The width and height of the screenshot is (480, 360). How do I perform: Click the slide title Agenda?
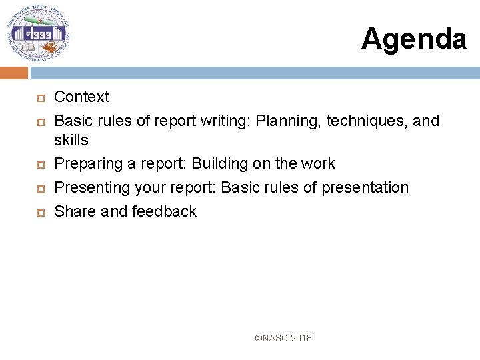point(413,39)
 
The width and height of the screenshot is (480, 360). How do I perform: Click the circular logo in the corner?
point(39,34)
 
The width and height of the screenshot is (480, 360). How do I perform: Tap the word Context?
point(81,97)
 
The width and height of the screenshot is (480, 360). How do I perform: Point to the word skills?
point(71,140)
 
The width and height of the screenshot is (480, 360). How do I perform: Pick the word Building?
point(219,163)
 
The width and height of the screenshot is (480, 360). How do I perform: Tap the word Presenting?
point(92,187)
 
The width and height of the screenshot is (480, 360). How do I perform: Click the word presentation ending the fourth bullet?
point(365,187)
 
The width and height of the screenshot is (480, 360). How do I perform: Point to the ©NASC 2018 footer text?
point(283,338)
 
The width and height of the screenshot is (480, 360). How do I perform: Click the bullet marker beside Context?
point(39,98)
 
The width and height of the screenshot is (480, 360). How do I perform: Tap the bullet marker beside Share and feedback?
point(39,213)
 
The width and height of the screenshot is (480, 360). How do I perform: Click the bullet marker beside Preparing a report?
point(39,165)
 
